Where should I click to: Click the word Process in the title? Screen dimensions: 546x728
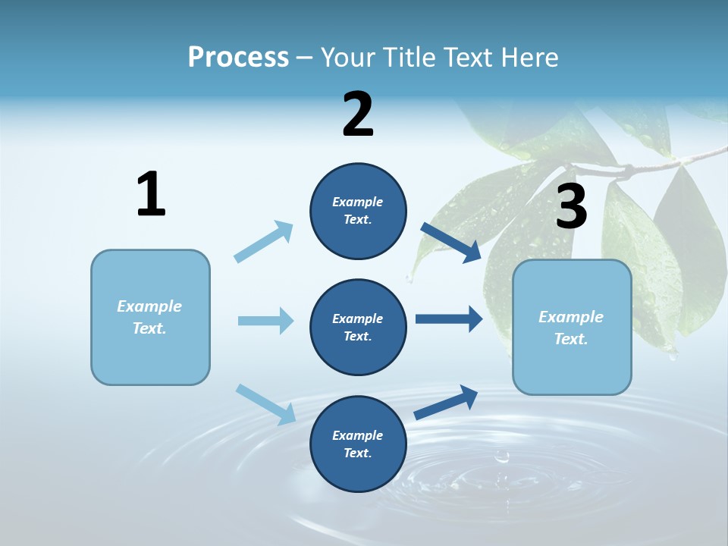[x=238, y=58]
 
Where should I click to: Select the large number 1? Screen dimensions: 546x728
[x=151, y=194]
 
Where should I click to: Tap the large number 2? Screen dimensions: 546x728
[x=358, y=115]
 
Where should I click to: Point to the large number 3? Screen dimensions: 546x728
[x=571, y=206]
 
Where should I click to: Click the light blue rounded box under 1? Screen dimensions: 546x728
[x=150, y=317]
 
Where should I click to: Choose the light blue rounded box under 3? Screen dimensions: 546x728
[x=572, y=327]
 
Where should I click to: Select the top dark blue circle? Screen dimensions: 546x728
[x=358, y=211]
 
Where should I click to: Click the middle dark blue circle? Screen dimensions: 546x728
[x=358, y=327]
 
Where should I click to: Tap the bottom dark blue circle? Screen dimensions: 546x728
[x=358, y=444]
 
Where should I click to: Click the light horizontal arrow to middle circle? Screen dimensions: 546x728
[x=265, y=321]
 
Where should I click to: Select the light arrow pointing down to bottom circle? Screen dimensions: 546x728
[x=265, y=404]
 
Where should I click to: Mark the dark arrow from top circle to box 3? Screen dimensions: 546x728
[x=451, y=242]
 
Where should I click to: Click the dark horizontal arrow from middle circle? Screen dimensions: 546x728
[x=448, y=319]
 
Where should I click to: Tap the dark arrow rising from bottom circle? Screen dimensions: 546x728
[x=446, y=402]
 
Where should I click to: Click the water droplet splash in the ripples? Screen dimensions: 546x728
[x=501, y=457]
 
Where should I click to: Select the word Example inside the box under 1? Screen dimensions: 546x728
[x=149, y=306]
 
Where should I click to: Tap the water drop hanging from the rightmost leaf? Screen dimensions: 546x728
[x=672, y=354]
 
